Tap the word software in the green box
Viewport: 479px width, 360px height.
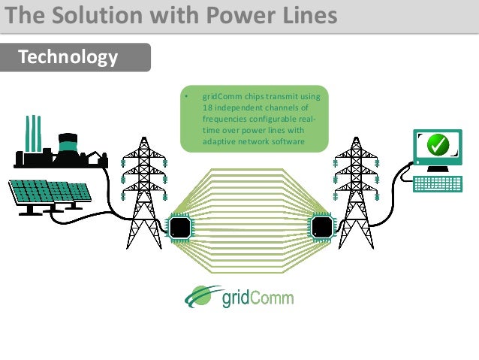coord(285,141)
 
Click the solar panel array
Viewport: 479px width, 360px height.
coord(48,194)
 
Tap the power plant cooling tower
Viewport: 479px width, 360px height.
coord(68,147)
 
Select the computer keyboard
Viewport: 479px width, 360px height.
coord(438,183)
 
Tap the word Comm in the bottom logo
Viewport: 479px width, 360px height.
coord(273,298)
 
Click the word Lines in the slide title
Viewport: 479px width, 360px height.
coord(303,16)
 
